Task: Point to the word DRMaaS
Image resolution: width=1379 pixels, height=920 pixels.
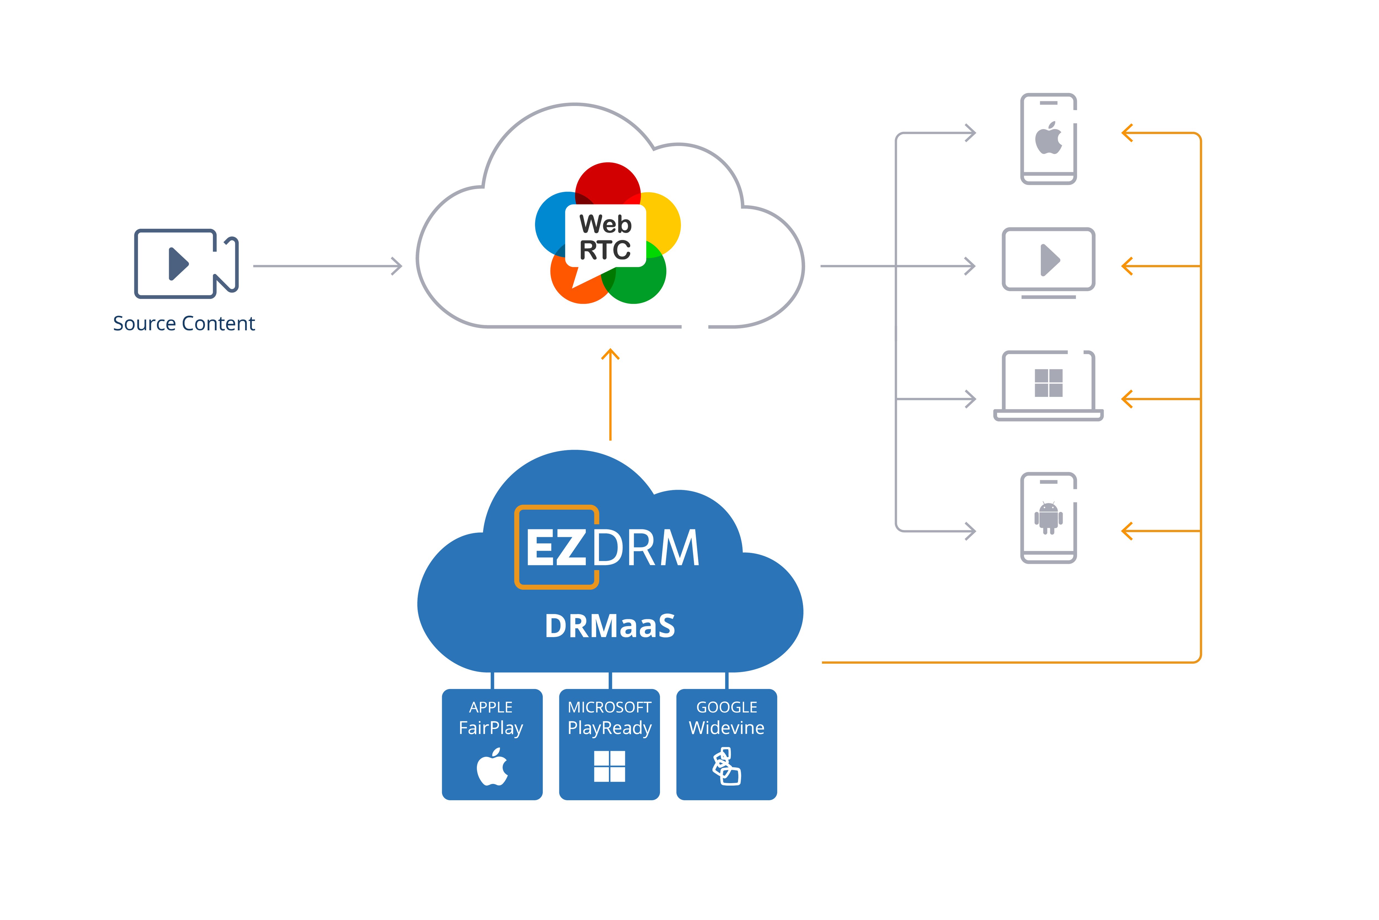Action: [x=610, y=626]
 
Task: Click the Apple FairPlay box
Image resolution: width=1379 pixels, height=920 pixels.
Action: [x=492, y=744]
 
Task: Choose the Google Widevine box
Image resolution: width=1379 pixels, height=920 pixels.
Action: [x=726, y=744]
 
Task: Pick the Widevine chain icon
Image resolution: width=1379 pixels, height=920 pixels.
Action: [x=726, y=766]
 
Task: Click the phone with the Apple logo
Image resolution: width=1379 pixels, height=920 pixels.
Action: [x=1048, y=139]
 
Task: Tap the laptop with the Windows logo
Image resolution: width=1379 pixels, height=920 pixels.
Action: [x=1048, y=386]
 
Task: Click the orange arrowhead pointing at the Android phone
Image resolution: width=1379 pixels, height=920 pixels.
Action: [x=1127, y=531]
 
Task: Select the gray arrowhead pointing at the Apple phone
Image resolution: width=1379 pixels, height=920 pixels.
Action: [x=970, y=133]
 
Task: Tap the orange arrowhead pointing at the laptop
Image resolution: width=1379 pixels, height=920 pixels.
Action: [x=1127, y=399]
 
